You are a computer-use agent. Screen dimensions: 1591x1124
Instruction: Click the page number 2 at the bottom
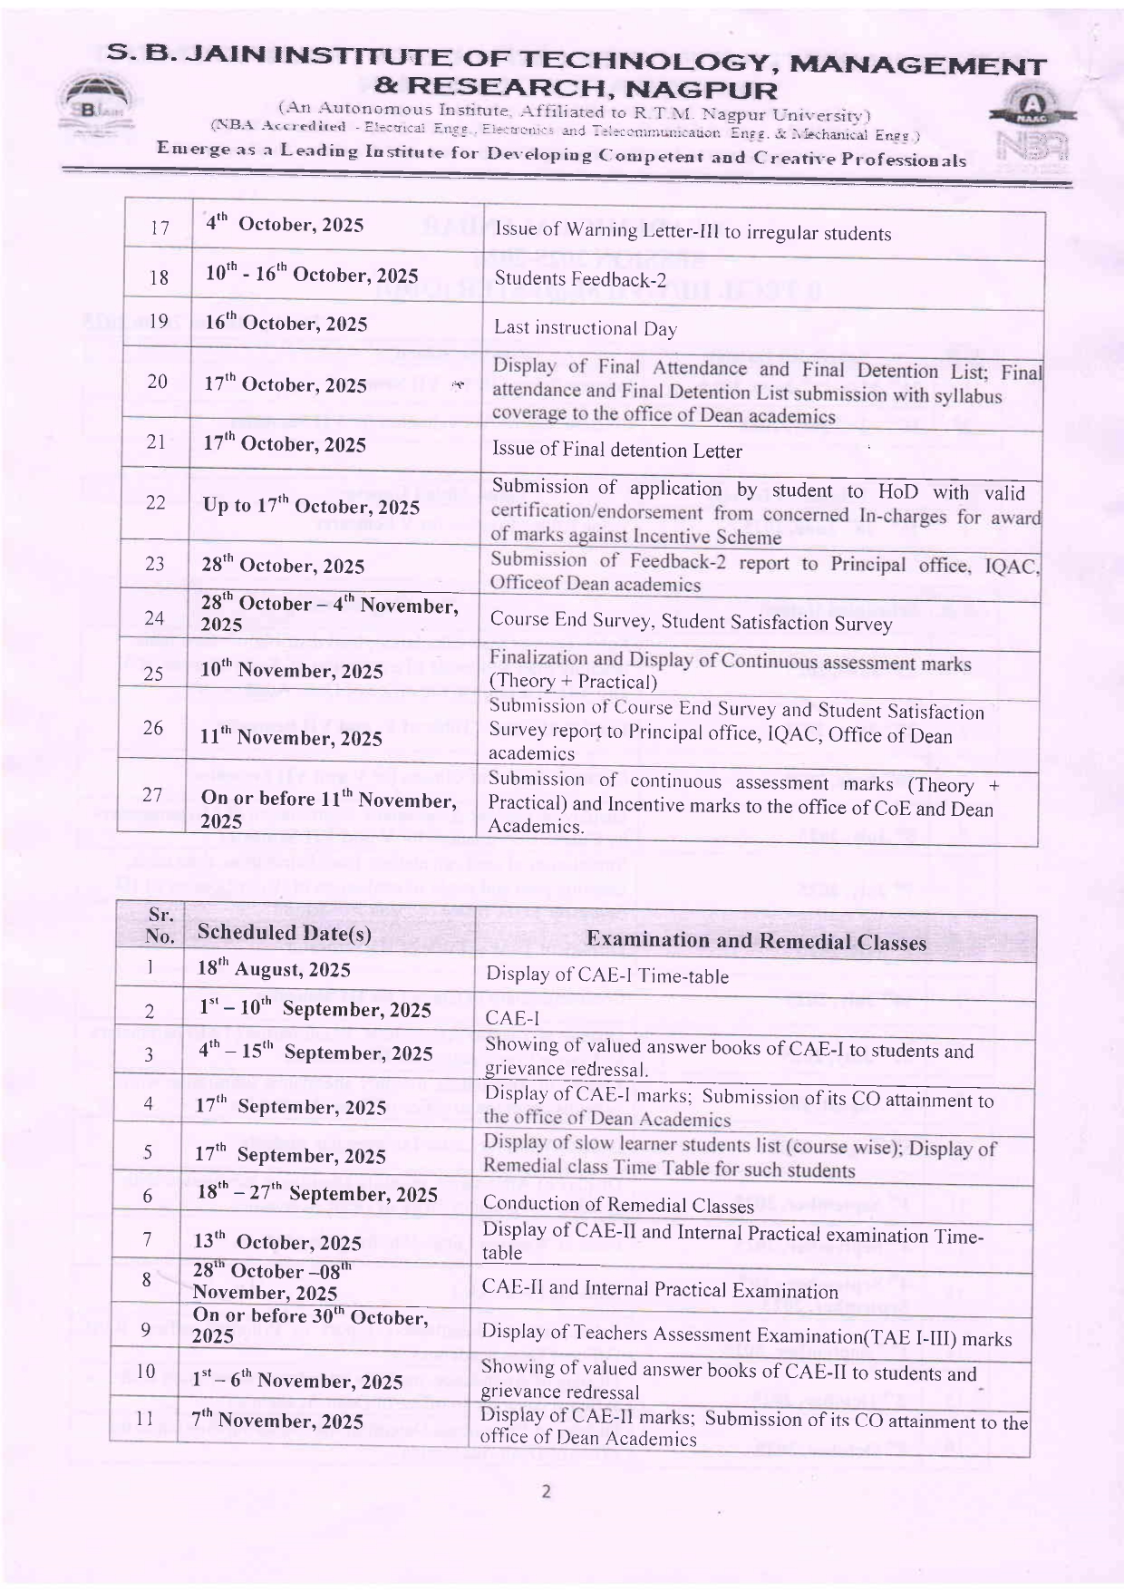pos(546,1491)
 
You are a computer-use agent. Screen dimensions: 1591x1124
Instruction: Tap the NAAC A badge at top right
pos(1031,112)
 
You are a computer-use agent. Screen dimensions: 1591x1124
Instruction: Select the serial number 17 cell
pos(160,228)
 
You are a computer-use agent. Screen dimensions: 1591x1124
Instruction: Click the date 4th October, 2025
pos(284,224)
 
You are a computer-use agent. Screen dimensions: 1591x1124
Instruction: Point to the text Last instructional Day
pos(585,328)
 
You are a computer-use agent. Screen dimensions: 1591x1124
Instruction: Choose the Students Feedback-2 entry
pos(580,278)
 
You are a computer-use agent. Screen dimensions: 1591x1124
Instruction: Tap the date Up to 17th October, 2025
pos(311,506)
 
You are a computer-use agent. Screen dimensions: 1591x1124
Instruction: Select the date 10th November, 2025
pos(292,671)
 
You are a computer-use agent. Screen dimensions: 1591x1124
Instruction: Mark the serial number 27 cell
pos(152,795)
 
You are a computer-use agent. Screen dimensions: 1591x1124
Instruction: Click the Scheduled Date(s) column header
pos(284,933)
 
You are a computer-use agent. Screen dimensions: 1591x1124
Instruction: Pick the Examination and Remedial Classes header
pos(756,941)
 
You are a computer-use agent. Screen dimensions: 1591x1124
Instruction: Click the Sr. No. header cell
pos(160,926)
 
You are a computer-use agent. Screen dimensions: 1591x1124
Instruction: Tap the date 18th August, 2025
pos(274,969)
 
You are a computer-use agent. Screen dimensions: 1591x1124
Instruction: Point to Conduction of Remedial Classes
pos(618,1204)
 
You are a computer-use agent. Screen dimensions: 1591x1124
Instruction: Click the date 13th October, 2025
pos(277,1242)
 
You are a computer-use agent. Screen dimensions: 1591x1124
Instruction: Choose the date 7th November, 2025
pos(276,1421)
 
